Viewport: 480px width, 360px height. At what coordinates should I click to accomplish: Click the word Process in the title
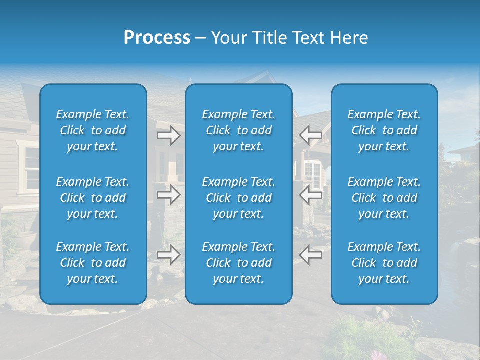pos(157,38)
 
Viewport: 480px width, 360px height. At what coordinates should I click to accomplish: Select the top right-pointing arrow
pos(168,135)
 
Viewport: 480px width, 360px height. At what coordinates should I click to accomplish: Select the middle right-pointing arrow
pos(168,195)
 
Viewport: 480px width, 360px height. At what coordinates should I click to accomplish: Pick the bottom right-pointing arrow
pos(168,255)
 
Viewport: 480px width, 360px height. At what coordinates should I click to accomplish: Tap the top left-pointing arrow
pos(311,135)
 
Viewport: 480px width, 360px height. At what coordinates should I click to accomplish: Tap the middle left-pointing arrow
pos(311,195)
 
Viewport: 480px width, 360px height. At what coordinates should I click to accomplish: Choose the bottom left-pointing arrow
pos(311,255)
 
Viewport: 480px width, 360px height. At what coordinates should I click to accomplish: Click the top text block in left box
pos(93,130)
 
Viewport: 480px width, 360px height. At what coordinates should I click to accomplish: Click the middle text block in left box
pos(93,198)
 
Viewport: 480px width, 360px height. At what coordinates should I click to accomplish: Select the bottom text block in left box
pos(93,263)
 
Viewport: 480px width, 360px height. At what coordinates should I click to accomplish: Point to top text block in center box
pos(239,130)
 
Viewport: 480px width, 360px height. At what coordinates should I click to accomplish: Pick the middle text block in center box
pos(239,198)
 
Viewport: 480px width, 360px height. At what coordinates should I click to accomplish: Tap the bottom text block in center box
pos(239,263)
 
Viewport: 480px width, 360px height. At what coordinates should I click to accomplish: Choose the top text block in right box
pos(384,130)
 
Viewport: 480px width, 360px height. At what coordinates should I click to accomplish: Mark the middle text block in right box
pos(384,198)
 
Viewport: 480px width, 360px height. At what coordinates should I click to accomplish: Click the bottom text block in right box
pos(384,263)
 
